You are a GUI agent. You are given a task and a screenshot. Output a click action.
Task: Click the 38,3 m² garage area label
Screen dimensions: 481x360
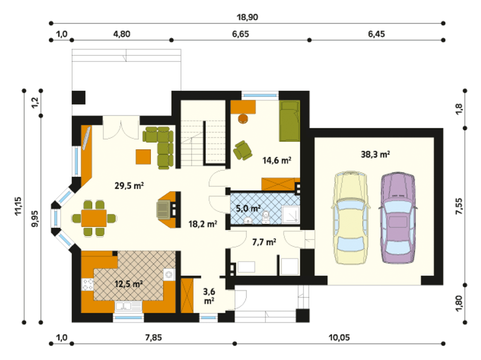point(375,154)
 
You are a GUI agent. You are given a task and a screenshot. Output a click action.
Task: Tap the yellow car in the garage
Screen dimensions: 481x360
point(350,218)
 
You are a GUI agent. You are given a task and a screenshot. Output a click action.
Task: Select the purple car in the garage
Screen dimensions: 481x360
point(398,218)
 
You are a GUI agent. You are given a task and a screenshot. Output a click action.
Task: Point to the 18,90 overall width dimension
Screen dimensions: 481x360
point(247,17)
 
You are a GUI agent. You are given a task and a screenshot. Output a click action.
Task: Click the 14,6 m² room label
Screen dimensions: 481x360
point(277,160)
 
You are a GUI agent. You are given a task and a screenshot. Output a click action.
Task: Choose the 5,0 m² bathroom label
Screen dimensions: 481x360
point(248,208)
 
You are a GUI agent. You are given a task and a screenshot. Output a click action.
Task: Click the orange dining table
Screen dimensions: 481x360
point(94,218)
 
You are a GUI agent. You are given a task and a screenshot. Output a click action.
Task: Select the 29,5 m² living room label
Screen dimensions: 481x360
point(129,186)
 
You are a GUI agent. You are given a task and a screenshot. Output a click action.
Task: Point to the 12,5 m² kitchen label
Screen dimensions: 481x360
point(129,284)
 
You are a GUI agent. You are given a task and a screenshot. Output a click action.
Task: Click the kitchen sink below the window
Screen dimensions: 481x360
point(129,307)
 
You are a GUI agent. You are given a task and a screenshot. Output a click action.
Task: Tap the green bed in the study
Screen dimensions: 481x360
point(289,121)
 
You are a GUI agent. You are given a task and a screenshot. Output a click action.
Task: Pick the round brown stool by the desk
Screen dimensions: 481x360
point(243,118)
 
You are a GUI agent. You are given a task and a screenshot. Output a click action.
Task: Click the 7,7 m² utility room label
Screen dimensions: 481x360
point(264,242)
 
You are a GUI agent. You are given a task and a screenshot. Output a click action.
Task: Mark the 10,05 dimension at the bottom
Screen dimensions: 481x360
point(339,338)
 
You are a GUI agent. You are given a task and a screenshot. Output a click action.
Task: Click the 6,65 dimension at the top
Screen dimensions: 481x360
point(240,34)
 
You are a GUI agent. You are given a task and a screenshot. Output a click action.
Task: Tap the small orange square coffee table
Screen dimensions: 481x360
point(143,157)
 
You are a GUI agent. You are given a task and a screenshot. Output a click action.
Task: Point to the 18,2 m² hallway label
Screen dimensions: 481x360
point(203,224)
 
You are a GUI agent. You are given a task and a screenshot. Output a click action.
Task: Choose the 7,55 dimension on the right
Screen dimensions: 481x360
point(459,206)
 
